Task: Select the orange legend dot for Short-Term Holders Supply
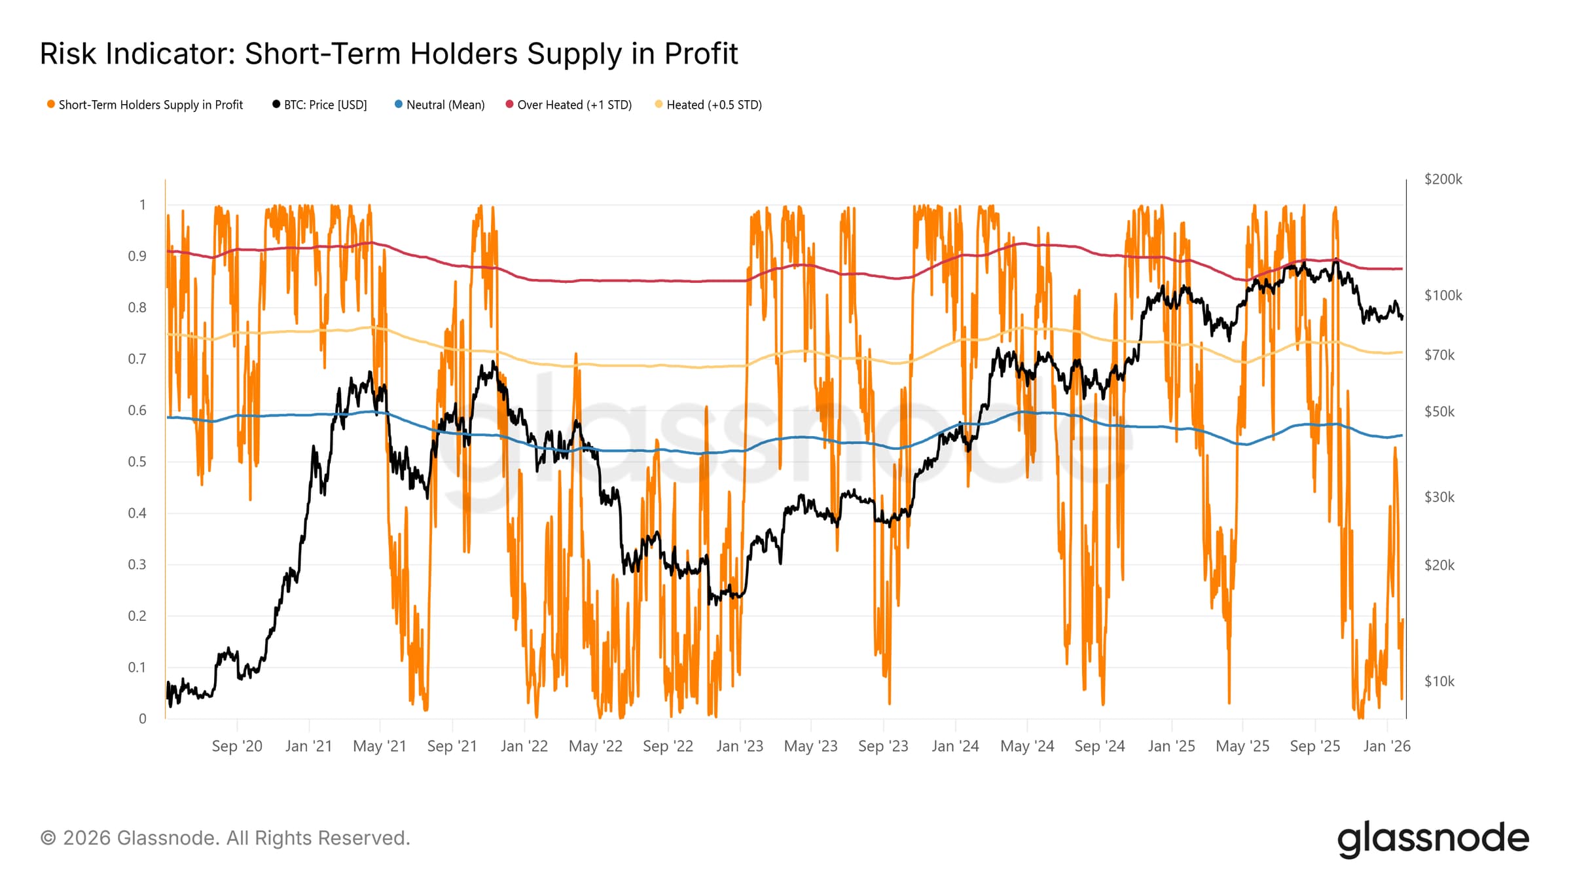coord(50,105)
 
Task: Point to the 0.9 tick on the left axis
coord(137,256)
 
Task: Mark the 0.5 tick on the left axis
coord(137,462)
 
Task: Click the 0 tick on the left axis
coord(143,719)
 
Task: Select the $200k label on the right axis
coord(1443,179)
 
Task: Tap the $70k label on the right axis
coord(1439,355)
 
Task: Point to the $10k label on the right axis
coord(1439,682)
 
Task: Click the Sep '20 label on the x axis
coord(237,746)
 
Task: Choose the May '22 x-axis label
coord(596,746)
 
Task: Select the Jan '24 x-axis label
coord(955,746)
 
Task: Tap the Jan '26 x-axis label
coord(1386,746)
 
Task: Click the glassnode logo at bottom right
coord(1433,839)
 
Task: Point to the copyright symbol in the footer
coord(48,838)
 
